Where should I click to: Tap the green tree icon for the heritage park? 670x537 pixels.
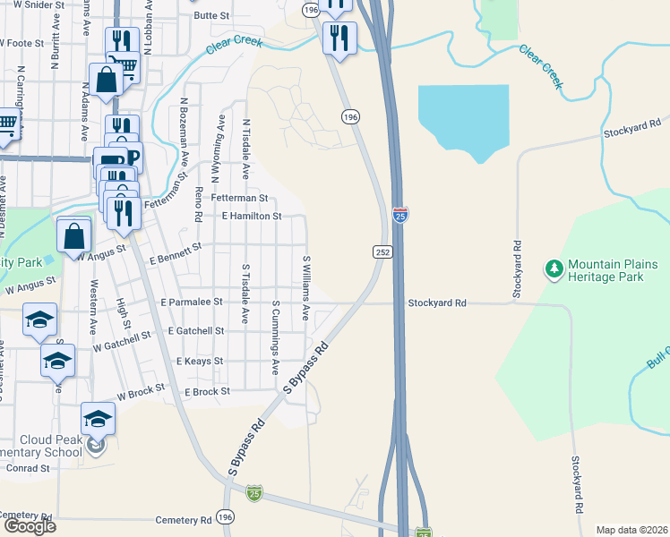[x=554, y=268]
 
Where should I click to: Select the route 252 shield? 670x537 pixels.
[x=382, y=252]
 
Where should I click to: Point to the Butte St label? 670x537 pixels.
[x=212, y=15]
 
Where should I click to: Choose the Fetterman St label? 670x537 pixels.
[x=239, y=197]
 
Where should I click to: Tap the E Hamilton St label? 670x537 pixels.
[x=252, y=216]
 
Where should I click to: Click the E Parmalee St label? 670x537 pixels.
[x=192, y=303]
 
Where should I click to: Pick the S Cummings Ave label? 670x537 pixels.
[x=275, y=337]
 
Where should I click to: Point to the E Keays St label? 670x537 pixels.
[x=200, y=361]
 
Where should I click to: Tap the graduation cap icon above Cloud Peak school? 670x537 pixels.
[x=99, y=417]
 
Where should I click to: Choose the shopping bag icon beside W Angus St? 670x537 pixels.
[x=74, y=236]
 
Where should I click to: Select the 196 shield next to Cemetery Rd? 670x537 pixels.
[x=225, y=518]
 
